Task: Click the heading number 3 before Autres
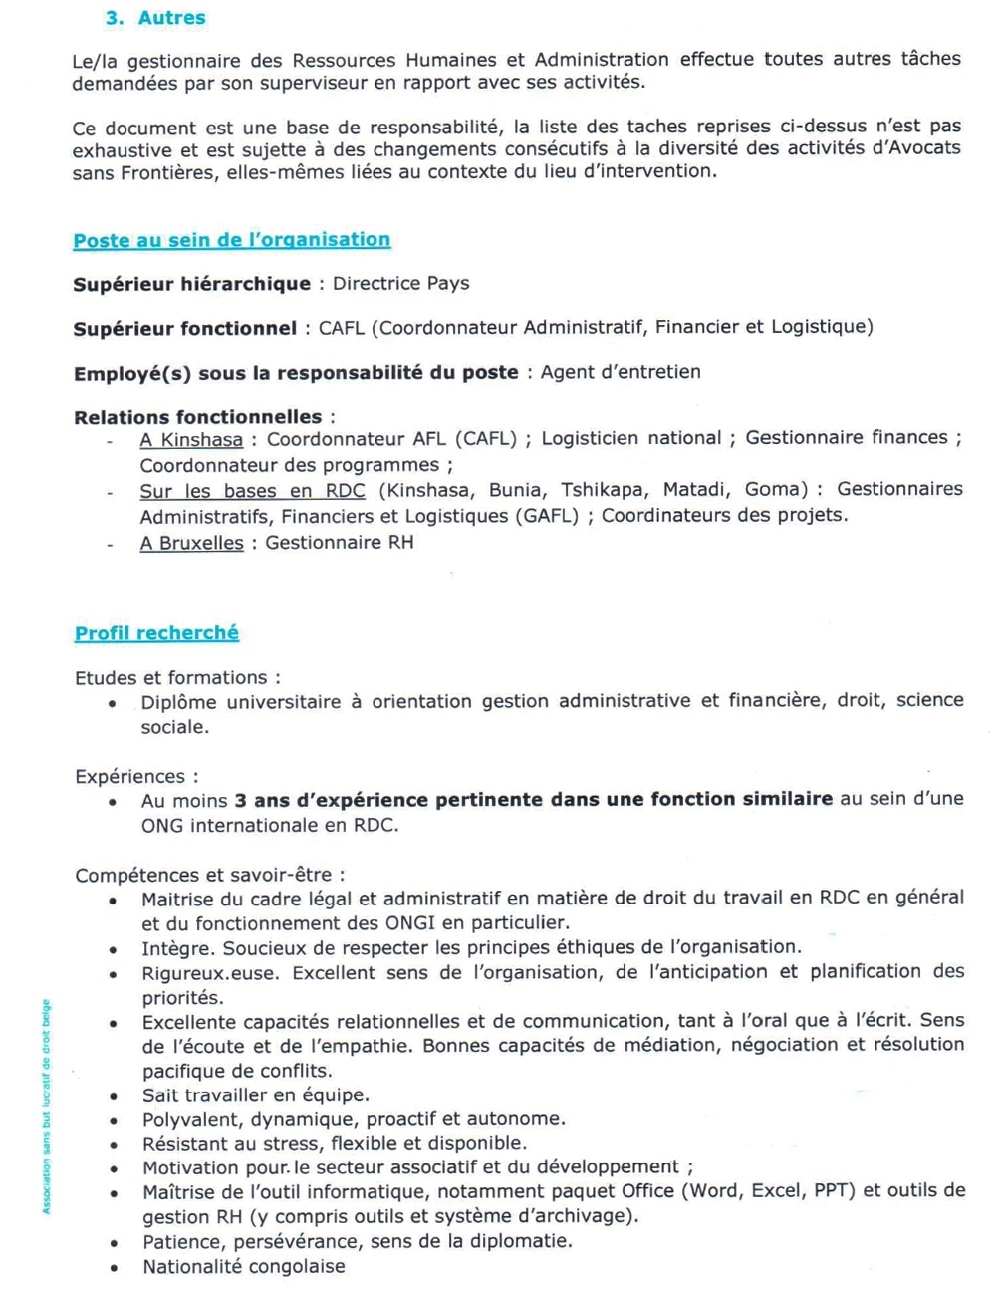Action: pos(113,18)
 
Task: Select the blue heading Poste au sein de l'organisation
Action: pos(231,240)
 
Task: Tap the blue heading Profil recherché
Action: pos(156,633)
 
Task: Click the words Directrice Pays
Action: pos(400,284)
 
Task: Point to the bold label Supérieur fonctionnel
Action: pos(184,328)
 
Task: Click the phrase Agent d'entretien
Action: pos(620,372)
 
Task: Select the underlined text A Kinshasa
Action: pos(191,439)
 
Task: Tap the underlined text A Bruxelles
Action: pos(191,543)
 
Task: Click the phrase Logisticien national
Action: pos(630,438)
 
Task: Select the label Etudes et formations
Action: pos(171,678)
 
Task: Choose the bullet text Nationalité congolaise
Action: pos(243,1267)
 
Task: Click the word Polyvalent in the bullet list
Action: pos(190,1119)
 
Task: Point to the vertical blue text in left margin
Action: pos(46,1107)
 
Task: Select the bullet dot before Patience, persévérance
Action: pos(114,1243)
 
